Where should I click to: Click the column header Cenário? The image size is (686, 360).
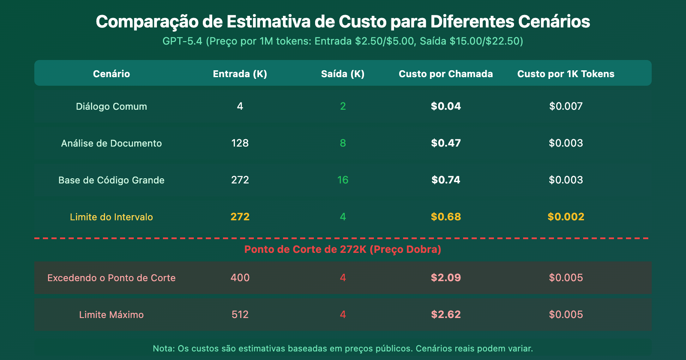pyautogui.click(x=111, y=74)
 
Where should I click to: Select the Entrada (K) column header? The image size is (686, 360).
pyautogui.click(x=240, y=74)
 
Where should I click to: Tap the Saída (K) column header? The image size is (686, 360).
pyautogui.click(x=343, y=74)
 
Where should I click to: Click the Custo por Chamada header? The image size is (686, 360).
pyautogui.click(x=446, y=74)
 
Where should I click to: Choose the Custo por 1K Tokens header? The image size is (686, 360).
pyautogui.click(x=566, y=74)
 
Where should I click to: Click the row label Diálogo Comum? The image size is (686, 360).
pyautogui.click(x=111, y=106)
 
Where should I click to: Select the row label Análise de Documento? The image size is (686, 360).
pyautogui.click(x=111, y=143)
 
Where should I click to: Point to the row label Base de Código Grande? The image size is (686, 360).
pyautogui.click(x=111, y=180)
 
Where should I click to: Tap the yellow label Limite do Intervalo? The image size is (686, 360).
pyautogui.click(x=111, y=217)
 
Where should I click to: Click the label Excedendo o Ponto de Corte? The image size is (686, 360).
pyautogui.click(x=111, y=278)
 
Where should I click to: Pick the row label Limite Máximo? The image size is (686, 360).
pyautogui.click(x=111, y=315)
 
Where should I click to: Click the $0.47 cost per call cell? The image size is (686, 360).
pyautogui.click(x=446, y=143)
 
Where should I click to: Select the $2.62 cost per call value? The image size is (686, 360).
pyautogui.click(x=446, y=315)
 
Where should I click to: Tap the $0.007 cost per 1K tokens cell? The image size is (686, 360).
pyautogui.click(x=566, y=106)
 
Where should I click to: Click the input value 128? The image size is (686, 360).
pyautogui.click(x=240, y=143)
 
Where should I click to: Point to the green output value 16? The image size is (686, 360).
pyautogui.click(x=343, y=180)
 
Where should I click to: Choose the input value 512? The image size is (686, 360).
pyautogui.click(x=240, y=315)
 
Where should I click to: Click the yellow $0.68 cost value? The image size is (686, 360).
pyautogui.click(x=446, y=217)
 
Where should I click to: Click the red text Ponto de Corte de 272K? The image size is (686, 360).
pyautogui.click(x=305, y=249)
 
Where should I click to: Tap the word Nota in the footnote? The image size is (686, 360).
pyautogui.click(x=163, y=348)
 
